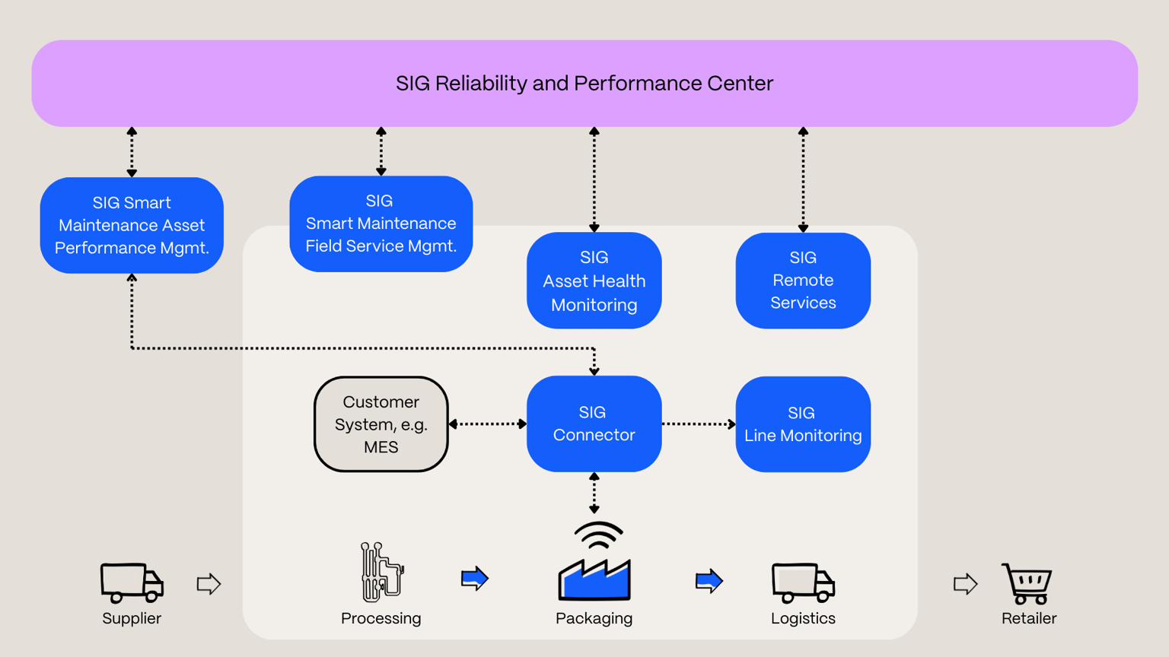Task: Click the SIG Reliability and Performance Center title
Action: tap(584, 83)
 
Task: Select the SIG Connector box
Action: tap(594, 424)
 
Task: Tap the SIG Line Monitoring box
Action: tap(803, 424)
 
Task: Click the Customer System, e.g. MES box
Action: tap(381, 424)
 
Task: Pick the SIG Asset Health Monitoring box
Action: tap(594, 281)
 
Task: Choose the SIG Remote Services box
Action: tap(803, 280)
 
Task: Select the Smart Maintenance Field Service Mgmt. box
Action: tap(381, 224)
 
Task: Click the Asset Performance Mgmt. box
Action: tap(132, 225)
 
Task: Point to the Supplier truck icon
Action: tap(132, 582)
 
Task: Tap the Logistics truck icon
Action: tap(803, 582)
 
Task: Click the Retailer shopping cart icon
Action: tap(1027, 583)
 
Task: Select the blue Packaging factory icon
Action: tap(594, 579)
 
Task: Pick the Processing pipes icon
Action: tap(381, 572)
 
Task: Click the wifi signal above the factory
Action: tap(598, 535)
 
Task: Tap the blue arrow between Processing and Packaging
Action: tap(475, 579)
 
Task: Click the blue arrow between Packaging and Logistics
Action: tap(709, 582)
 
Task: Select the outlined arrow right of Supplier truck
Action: tap(209, 584)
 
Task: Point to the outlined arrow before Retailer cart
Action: tap(965, 584)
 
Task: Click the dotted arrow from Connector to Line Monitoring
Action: tap(699, 424)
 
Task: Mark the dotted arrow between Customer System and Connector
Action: tap(488, 424)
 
